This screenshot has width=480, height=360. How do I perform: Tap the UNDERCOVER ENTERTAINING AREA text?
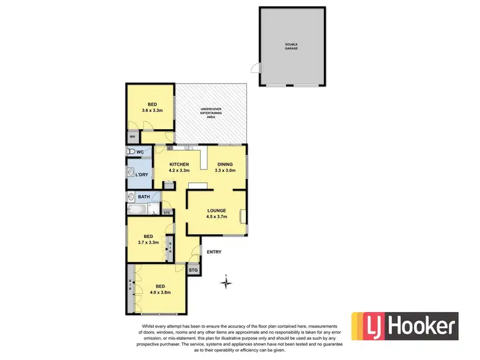click(x=211, y=113)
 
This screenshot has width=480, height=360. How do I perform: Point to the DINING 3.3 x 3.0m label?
click(x=224, y=168)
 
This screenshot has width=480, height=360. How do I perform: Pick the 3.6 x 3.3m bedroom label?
click(x=152, y=107)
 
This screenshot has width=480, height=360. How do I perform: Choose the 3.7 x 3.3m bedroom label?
click(x=148, y=239)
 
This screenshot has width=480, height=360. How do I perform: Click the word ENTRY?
click(x=214, y=252)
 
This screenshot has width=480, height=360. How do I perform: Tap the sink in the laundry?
click(x=131, y=174)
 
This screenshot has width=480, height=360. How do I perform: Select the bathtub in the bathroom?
click(x=138, y=209)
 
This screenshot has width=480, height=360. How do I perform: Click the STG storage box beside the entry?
click(x=193, y=270)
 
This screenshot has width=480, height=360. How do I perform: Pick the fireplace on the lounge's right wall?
click(x=241, y=216)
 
